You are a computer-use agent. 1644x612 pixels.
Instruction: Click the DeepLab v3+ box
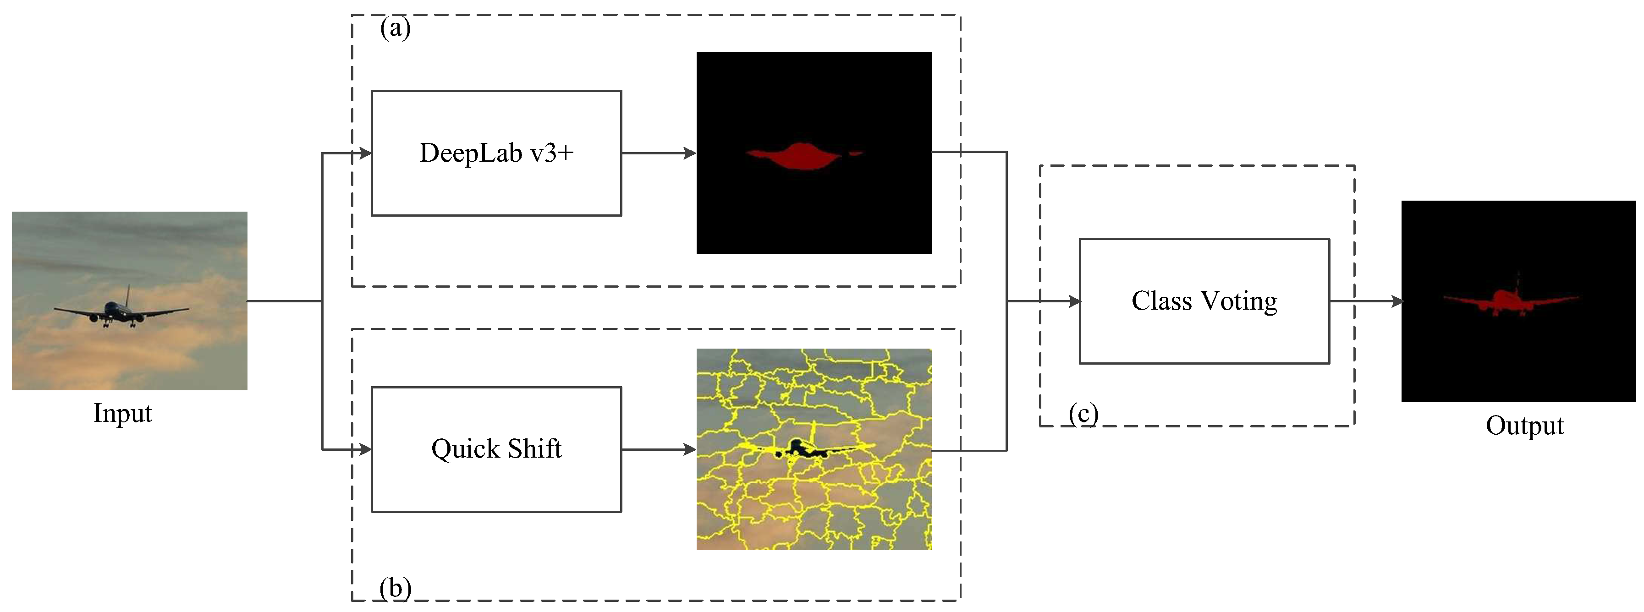click(496, 153)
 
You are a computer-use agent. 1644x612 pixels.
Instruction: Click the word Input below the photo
click(122, 413)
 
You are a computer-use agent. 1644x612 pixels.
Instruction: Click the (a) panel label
click(395, 28)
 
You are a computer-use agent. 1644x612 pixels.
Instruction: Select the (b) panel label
click(395, 587)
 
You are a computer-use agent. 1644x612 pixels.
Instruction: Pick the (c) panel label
click(1083, 414)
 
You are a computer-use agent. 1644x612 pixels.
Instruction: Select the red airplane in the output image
click(1507, 300)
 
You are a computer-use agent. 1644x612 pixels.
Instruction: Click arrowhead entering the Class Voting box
click(1074, 301)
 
